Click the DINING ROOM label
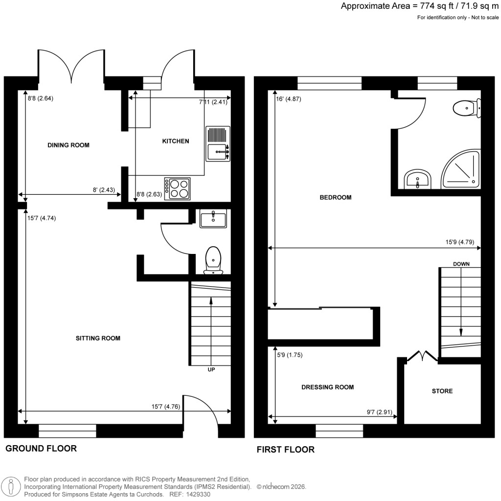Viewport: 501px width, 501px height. (x=68, y=145)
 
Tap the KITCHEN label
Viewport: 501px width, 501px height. (x=175, y=141)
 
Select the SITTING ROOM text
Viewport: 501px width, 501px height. (x=98, y=338)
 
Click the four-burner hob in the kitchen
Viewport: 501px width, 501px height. (x=178, y=188)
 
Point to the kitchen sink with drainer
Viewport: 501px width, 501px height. (x=217, y=144)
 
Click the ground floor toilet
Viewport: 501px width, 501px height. (x=213, y=260)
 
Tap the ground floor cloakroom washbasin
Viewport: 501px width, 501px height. (x=213, y=219)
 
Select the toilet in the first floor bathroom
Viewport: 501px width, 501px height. (x=465, y=108)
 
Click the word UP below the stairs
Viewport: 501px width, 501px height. (x=211, y=370)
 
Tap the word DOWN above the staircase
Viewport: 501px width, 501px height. (x=461, y=264)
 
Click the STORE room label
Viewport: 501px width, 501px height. (x=442, y=391)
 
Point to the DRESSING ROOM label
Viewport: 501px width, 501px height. (x=327, y=387)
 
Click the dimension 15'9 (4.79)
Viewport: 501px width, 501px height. (x=459, y=241)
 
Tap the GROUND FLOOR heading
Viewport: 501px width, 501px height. (x=41, y=448)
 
